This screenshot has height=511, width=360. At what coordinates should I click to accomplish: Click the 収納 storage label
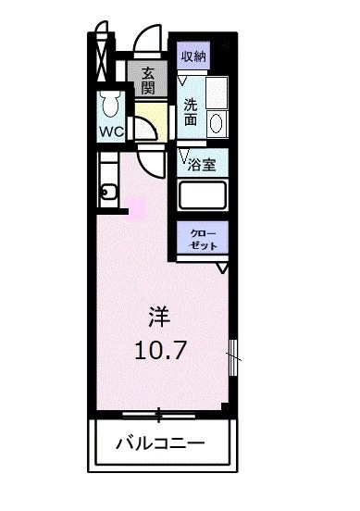(193, 56)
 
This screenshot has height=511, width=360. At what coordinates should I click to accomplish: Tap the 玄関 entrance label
(148, 82)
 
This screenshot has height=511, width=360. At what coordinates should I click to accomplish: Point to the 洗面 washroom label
(191, 111)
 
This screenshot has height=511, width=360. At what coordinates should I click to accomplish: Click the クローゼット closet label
(204, 239)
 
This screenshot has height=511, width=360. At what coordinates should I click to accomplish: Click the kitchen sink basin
(108, 193)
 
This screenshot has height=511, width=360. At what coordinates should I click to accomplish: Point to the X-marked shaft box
(99, 59)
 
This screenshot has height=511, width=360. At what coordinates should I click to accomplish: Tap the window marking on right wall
(233, 351)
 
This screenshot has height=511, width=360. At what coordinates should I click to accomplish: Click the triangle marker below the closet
(222, 269)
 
